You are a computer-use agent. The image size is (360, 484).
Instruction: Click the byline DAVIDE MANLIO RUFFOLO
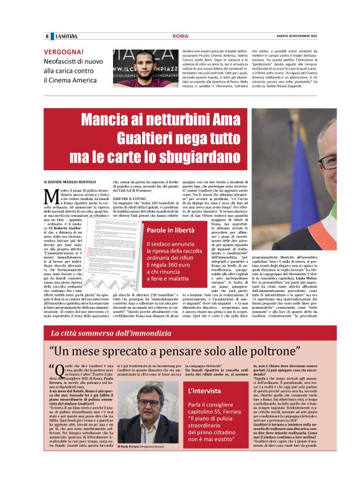coord(75,181)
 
